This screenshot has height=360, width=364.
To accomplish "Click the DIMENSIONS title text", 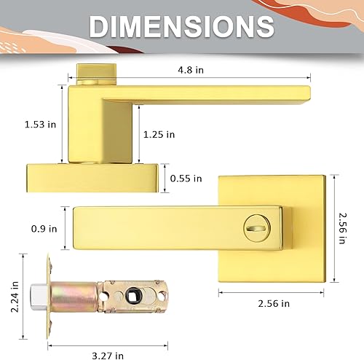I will pos(181,27).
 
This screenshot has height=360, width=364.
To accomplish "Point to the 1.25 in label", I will pos(159,133).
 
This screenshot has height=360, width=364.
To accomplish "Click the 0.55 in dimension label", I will pos(186,177).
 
